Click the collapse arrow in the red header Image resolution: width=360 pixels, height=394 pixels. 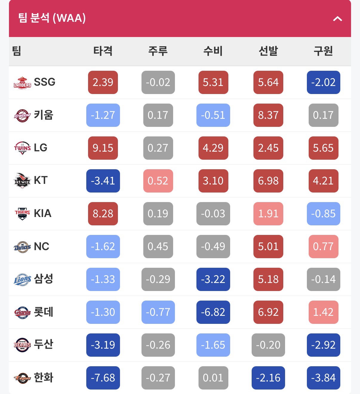click(337, 19)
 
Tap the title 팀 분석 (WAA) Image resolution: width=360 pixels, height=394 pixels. click(52, 18)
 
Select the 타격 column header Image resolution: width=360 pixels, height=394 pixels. click(103, 51)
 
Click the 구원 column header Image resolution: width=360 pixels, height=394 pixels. click(323, 51)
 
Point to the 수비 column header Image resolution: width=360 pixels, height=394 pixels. click(213, 51)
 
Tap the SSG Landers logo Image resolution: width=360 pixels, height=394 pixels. click(22, 83)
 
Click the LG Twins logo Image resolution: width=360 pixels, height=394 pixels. click(22, 148)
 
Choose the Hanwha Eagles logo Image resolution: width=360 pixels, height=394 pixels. click(22, 378)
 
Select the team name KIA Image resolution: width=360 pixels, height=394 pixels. click(43, 213)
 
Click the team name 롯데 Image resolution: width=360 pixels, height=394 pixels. click(43, 312)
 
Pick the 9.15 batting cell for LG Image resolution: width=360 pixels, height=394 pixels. click(103, 148)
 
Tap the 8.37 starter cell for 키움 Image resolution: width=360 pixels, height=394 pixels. click(268, 115)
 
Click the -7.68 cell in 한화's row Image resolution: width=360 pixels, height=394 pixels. click(103, 378)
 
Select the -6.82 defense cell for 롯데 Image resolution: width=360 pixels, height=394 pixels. click(213, 312)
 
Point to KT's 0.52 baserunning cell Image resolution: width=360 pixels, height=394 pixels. click(158, 181)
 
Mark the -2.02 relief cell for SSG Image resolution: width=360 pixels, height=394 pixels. click(324, 82)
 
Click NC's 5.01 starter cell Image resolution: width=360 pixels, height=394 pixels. click(268, 247)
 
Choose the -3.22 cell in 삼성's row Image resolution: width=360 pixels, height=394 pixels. click(213, 279)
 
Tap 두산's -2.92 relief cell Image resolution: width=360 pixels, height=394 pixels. click(324, 345)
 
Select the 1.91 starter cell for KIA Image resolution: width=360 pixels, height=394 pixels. click(268, 214)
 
